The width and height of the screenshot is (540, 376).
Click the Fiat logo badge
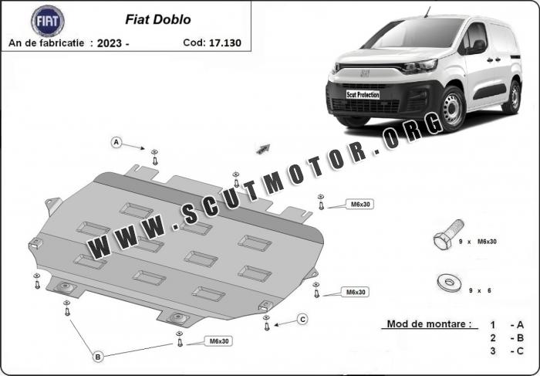(x=48, y=21)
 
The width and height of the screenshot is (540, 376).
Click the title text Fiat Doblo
(x=157, y=19)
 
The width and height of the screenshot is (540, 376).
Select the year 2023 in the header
(x=110, y=43)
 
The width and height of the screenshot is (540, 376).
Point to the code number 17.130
(x=225, y=42)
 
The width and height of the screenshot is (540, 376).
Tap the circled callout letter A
(x=116, y=142)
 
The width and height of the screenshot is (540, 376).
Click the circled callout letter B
(x=98, y=357)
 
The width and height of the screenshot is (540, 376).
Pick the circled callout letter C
(x=302, y=320)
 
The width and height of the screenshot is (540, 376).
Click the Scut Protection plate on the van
(x=363, y=94)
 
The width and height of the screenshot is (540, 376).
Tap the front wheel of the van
(x=452, y=109)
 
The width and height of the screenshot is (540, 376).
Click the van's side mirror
(x=476, y=47)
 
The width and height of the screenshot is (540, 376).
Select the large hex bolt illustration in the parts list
(x=447, y=234)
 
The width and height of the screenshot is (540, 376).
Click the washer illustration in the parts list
(x=449, y=283)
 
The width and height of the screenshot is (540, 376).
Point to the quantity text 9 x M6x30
(x=478, y=242)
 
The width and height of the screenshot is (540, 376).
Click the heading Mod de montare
(x=429, y=324)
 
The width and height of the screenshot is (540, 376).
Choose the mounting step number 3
(x=493, y=351)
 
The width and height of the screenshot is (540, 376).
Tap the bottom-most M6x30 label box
(x=218, y=341)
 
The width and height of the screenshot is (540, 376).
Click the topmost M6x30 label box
(x=360, y=205)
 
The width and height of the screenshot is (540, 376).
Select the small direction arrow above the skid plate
(x=263, y=149)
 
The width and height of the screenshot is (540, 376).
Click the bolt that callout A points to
(x=154, y=158)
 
